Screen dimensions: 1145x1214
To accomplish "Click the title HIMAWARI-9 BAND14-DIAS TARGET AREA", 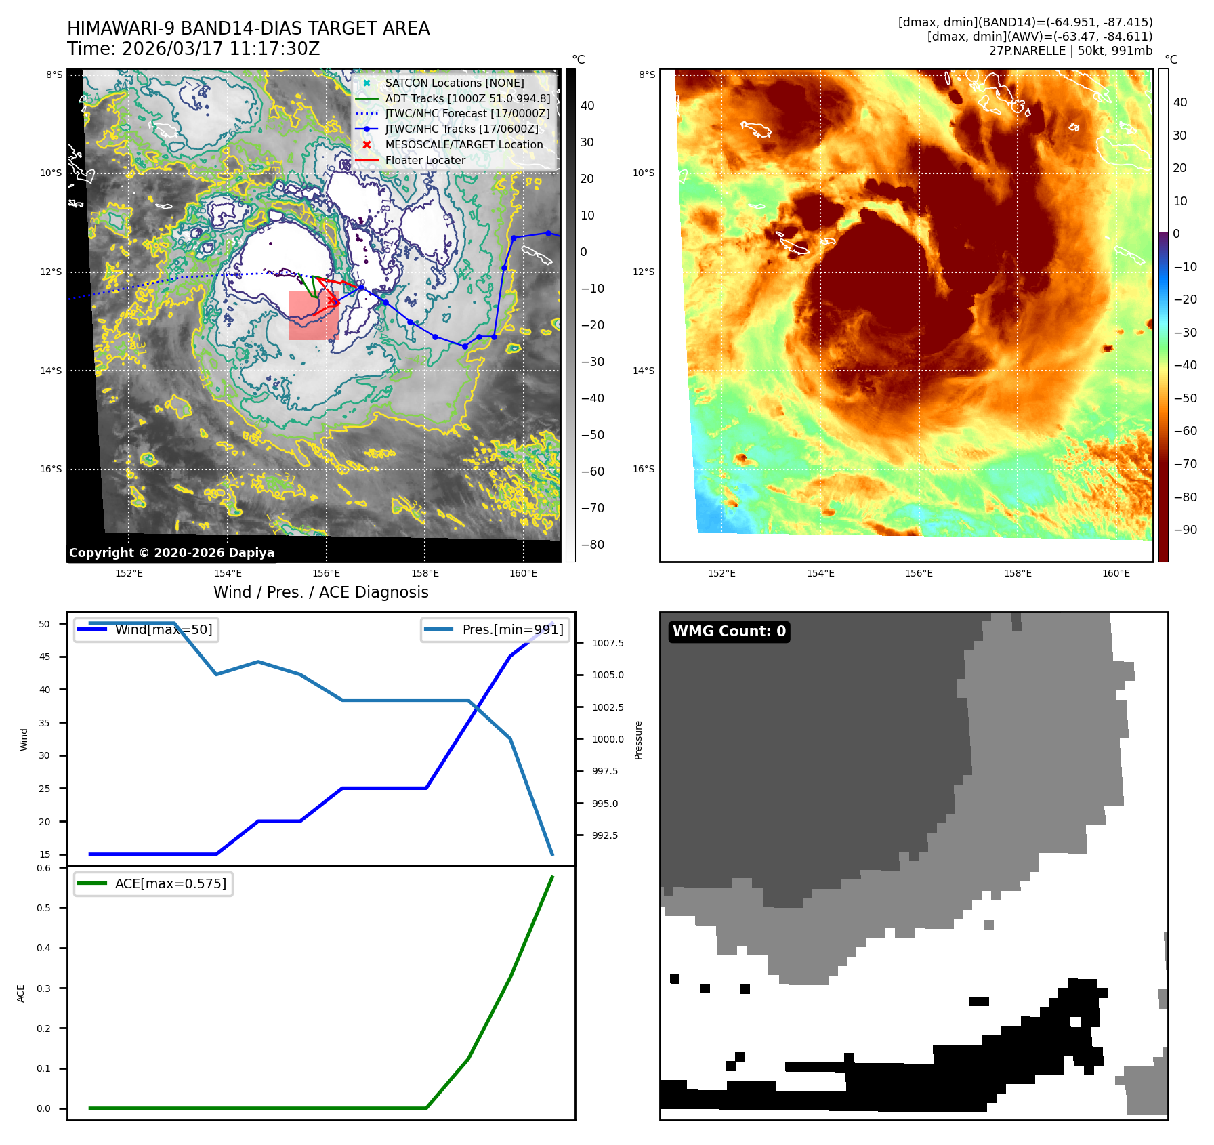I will point(248,28).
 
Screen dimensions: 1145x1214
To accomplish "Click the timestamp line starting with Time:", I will point(193,49).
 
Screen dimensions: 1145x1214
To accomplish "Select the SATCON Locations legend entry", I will point(454,83).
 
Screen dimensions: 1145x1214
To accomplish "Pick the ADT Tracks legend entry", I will point(467,98).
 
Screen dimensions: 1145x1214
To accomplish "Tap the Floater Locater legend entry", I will point(425,160).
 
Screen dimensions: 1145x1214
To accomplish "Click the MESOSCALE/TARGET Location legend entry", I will point(463,144).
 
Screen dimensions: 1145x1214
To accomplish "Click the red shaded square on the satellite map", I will point(313,315).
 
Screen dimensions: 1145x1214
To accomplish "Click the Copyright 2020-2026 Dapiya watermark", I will point(171,553).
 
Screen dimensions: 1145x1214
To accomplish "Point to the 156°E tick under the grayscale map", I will point(326,573).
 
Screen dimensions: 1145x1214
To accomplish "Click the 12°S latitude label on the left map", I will point(51,272).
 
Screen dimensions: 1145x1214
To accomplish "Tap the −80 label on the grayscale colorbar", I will point(593,545).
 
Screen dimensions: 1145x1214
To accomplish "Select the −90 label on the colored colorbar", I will point(1185,530).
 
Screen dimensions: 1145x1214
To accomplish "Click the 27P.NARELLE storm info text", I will point(1070,51).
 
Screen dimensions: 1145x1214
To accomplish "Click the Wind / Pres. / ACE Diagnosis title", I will point(320,592).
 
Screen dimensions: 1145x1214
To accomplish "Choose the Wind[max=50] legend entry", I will point(163,629).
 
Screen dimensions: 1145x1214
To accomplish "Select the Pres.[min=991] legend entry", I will point(512,629).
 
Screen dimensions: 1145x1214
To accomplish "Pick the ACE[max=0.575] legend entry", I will point(170,883).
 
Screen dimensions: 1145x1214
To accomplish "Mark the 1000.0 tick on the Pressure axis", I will point(608,739).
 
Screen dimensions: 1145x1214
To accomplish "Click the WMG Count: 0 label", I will point(729,631).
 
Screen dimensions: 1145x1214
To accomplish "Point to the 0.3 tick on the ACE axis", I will point(44,988).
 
